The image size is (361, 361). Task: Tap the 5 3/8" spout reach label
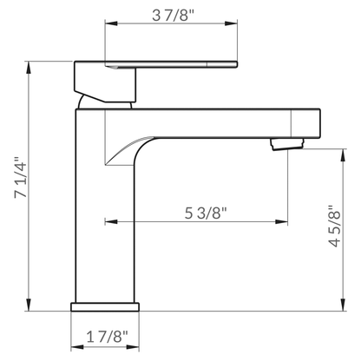(206, 213)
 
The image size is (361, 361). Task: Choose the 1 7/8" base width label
(105, 336)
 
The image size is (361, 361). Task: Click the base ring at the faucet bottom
(105, 307)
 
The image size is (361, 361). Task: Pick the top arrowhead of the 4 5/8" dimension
(339, 152)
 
